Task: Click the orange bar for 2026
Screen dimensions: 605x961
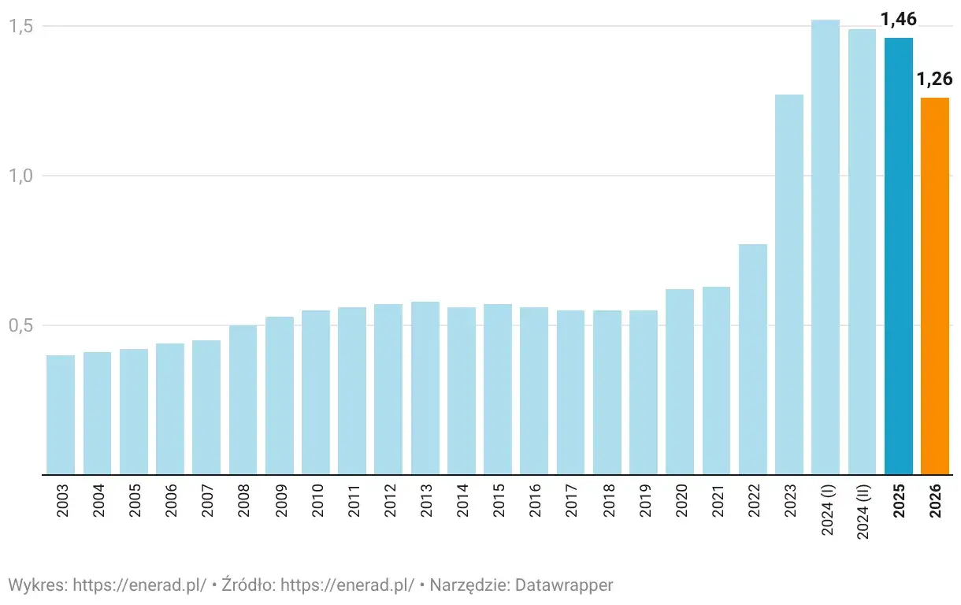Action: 935,286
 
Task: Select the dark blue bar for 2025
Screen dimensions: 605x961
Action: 899,256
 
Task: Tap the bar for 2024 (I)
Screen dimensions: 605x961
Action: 826,247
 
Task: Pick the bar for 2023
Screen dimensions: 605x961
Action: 789,284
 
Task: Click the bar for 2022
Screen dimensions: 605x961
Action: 752,359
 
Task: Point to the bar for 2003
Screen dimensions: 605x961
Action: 61,414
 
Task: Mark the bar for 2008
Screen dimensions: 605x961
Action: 243,399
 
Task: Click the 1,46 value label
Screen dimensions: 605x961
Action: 899,20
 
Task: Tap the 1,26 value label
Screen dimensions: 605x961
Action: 935,79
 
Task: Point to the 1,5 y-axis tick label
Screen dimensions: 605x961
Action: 21,26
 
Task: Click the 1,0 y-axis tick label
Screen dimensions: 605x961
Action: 21,176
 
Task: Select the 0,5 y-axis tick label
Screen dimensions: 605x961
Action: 21,325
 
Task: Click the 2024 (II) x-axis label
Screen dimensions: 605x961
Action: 863,512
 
